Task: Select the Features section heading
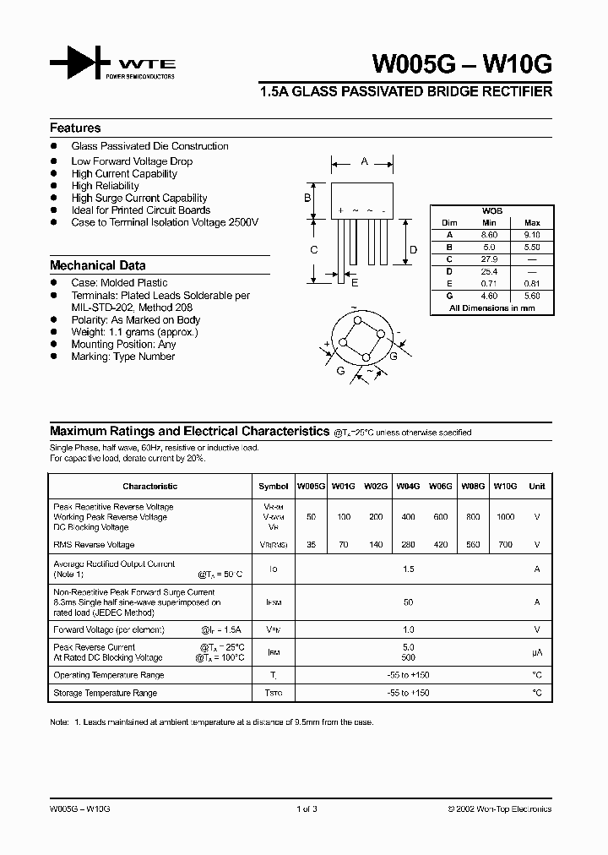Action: tap(75, 128)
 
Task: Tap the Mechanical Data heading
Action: tap(97, 265)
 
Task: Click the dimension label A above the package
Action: tap(363, 161)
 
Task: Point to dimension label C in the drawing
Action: tap(313, 249)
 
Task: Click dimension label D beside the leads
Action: tap(413, 249)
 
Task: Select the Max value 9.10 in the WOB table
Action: tap(532, 234)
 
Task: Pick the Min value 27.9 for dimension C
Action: tap(489, 259)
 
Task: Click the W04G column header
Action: tap(409, 487)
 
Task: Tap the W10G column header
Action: tap(505, 487)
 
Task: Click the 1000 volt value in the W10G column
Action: tap(505, 517)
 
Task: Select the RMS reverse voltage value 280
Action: tap(409, 545)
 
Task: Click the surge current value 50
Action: tap(409, 602)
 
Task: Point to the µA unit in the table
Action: tap(536, 653)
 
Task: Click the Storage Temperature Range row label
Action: tap(105, 693)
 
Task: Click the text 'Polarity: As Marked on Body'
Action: tap(136, 320)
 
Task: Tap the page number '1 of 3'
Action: tap(307, 809)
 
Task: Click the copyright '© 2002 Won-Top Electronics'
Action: tap(499, 809)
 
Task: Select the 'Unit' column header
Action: tap(536, 487)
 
